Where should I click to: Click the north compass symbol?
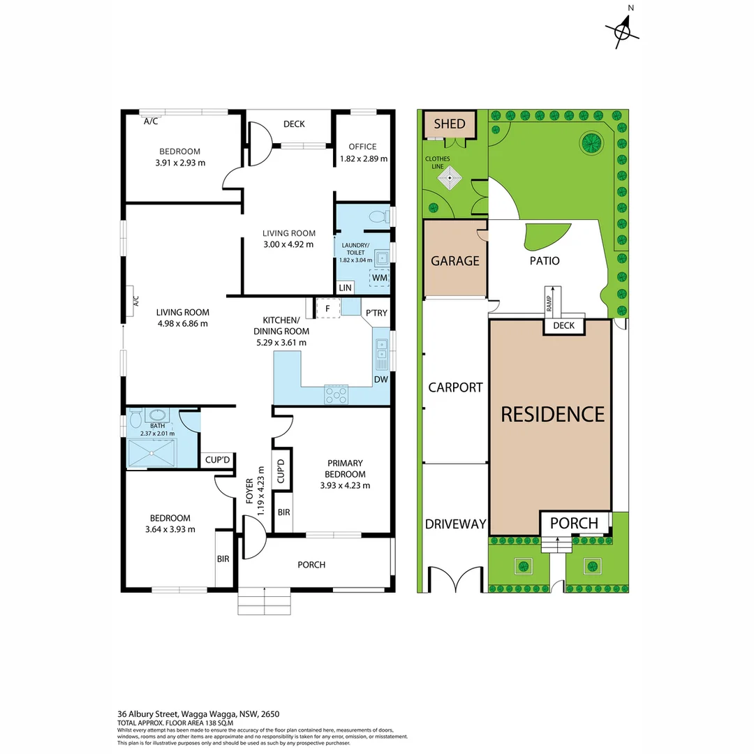click(623, 30)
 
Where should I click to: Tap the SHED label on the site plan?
click(449, 124)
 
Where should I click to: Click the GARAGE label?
click(454, 260)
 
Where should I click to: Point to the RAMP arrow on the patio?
click(552, 297)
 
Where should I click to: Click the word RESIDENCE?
click(552, 414)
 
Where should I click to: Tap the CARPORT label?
click(455, 387)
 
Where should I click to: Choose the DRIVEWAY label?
click(455, 524)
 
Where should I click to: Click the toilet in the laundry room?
click(377, 216)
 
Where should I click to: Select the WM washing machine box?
click(379, 278)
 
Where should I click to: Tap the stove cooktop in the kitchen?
click(336, 394)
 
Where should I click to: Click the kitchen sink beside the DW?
click(381, 353)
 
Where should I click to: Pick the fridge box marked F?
click(327, 306)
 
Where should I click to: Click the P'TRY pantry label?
click(376, 313)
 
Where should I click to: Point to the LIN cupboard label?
click(345, 288)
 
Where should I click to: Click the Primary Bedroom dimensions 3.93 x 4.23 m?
click(345, 486)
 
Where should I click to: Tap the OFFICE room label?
click(362, 147)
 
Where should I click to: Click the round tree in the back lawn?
click(591, 142)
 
